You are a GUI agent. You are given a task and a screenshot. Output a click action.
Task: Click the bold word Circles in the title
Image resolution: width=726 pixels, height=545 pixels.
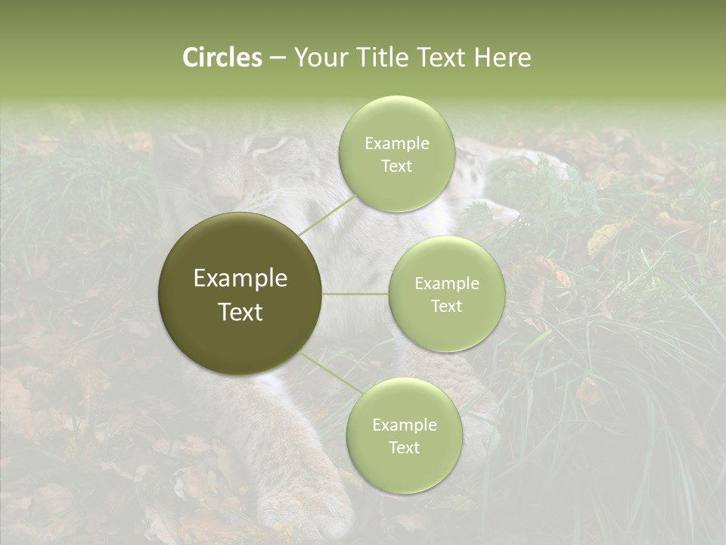pos(222,58)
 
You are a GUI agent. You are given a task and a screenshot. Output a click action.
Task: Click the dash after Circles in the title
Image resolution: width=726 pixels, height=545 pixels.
pos(278,58)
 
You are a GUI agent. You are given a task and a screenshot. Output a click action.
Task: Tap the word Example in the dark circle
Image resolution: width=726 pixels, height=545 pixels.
pos(240,279)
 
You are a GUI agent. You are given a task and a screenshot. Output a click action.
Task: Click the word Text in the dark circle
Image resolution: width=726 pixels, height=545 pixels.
pos(240,312)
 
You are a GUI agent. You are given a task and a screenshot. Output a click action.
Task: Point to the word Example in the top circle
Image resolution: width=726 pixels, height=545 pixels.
pos(396,144)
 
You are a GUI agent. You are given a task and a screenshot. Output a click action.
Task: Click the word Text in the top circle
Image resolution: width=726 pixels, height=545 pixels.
pos(396,166)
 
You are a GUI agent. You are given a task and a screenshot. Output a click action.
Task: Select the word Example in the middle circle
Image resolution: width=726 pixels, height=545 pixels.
pos(446,284)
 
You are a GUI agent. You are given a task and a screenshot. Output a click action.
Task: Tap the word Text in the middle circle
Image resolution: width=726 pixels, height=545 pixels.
pos(446,306)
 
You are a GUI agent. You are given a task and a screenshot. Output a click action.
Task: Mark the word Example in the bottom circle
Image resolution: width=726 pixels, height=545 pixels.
pos(404,425)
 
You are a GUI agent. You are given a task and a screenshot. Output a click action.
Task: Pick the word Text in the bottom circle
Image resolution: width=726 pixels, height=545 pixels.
pos(404,447)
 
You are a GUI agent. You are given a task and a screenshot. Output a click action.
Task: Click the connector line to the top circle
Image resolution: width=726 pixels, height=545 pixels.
pos(327,215)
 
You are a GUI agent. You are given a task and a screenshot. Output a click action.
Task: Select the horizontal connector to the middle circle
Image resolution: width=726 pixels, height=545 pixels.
pos(355,294)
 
